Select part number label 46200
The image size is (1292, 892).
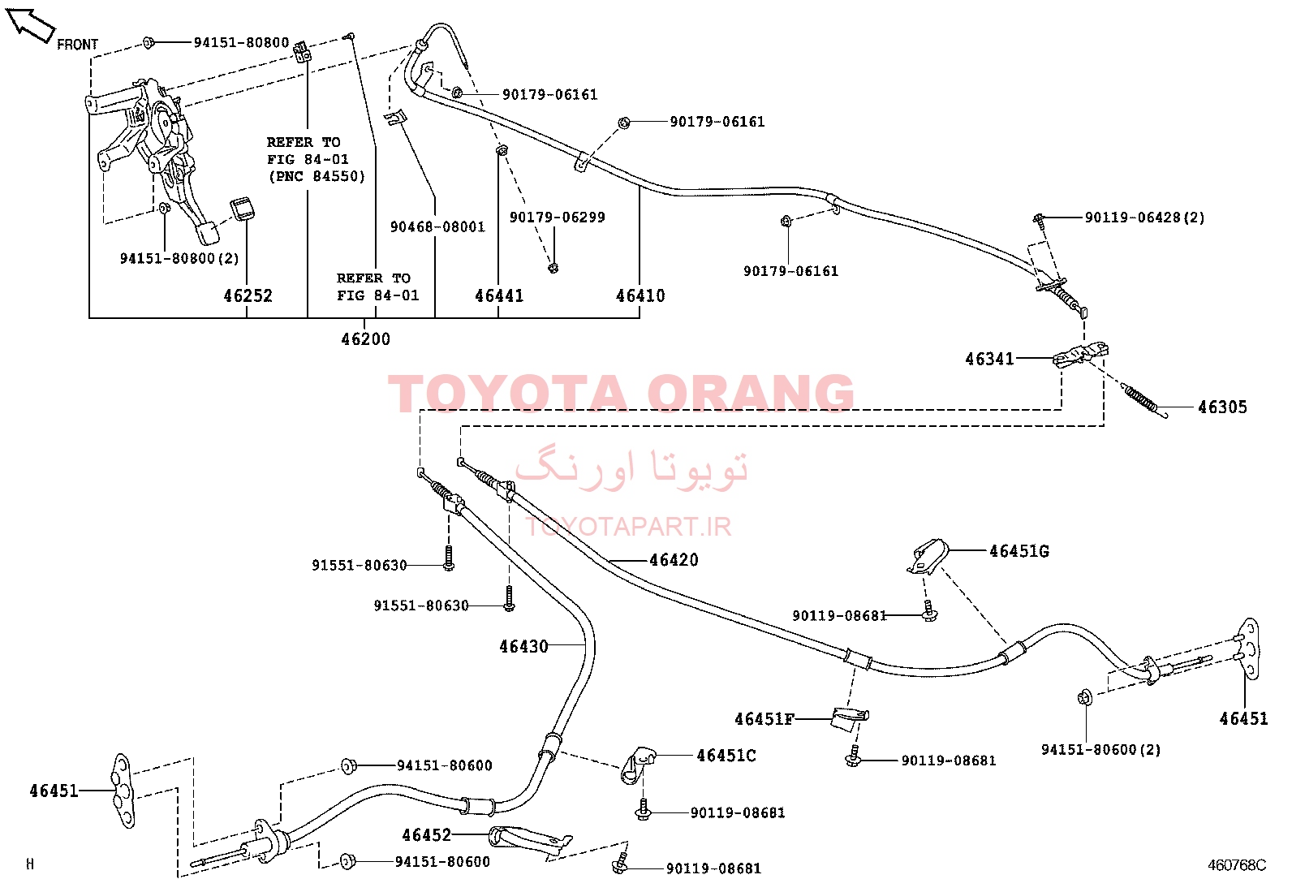click(x=366, y=338)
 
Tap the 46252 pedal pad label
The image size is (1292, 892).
click(x=248, y=295)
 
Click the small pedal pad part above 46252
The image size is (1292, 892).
click(x=242, y=209)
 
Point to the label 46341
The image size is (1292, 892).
click(x=990, y=359)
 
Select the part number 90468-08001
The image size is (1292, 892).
click(x=437, y=226)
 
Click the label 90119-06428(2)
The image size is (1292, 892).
click(x=1145, y=218)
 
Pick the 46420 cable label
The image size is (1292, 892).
click(x=674, y=560)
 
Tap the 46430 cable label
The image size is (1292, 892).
click(x=523, y=646)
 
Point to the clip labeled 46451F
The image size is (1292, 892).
click(x=850, y=719)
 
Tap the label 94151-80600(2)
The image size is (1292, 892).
click(x=1101, y=749)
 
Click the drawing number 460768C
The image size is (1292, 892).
click(x=1237, y=865)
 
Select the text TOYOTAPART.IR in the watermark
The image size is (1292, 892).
click(x=628, y=526)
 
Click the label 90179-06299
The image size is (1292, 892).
click(x=558, y=218)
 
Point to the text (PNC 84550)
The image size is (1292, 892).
click(x=317, y=176)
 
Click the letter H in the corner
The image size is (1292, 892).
click(x=30, y=864)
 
